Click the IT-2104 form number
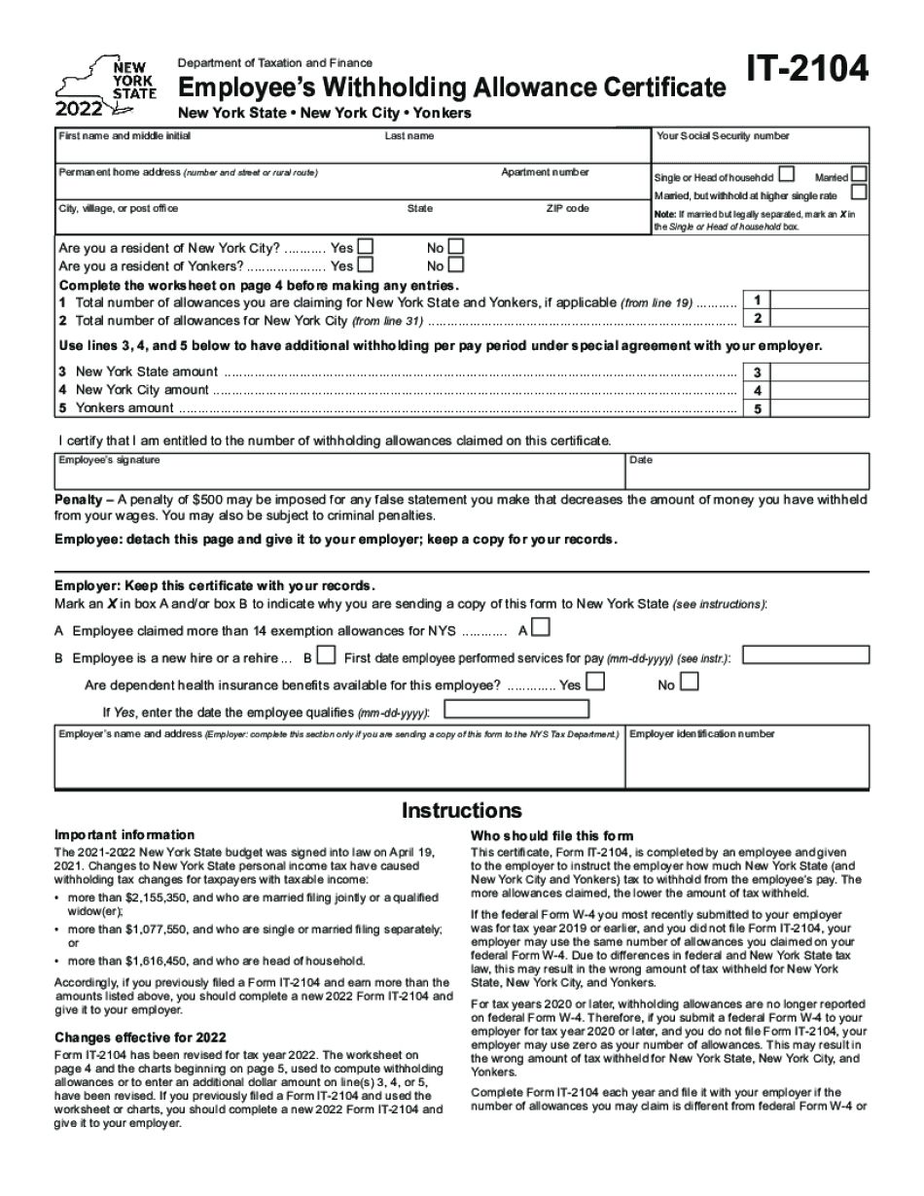808,73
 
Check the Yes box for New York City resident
366,247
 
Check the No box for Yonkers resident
455,264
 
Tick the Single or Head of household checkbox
786,176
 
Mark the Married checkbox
860,175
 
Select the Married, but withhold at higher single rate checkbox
860,193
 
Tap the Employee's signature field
338,474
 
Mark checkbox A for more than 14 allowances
540,627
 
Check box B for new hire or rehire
327,655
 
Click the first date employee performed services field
806,655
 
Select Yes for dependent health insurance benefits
594,683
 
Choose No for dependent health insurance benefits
690,683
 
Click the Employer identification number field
747,762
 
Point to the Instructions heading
462,811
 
